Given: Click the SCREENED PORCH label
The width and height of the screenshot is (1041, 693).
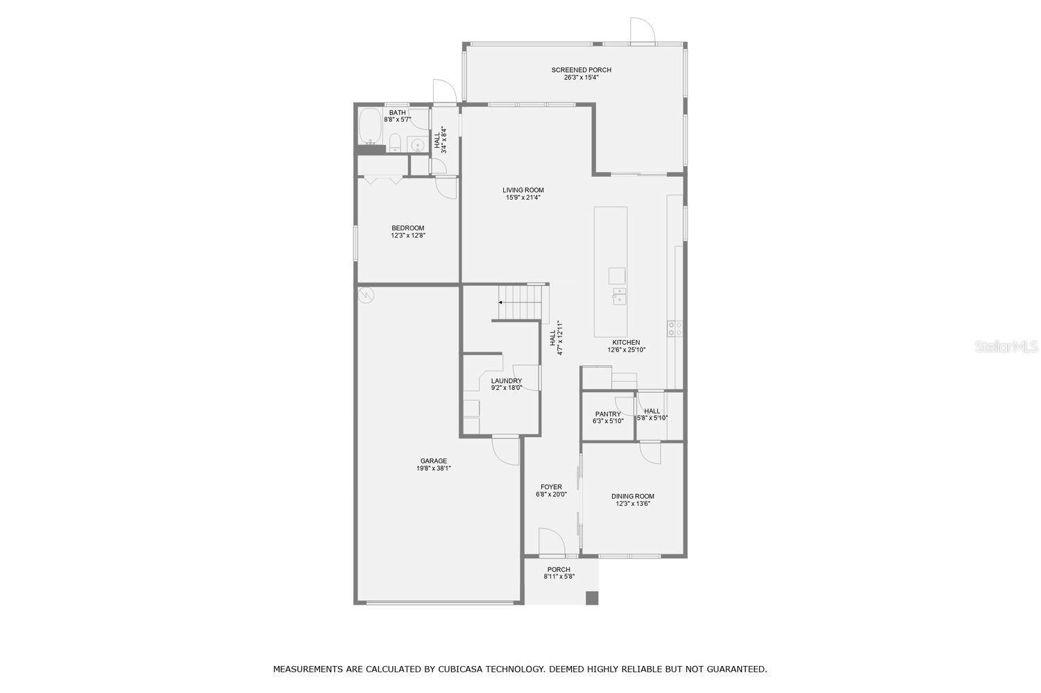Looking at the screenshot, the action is [x=582, y=70].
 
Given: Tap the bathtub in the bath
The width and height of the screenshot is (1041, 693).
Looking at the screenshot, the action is [x=370, y=126].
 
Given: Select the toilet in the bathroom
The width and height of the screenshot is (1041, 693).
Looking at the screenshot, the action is [x=395, y=142].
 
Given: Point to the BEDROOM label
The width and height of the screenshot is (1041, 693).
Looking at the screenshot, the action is [x=408, y=228].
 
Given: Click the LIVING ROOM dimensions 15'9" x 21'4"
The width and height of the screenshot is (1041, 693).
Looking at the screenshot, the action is [x=523, y=198].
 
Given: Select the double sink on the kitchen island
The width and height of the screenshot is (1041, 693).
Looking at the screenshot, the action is [x=618, y=296].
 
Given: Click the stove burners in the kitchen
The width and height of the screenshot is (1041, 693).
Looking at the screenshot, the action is [x=675, y=328].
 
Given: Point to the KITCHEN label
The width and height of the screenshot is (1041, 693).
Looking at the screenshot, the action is [x=626, y=343].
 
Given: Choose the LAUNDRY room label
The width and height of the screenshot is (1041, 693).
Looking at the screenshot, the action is [x=507, y=381].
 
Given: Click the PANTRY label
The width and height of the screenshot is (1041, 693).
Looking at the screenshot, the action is [x=608, y=414].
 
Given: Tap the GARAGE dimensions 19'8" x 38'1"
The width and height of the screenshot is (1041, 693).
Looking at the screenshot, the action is [x=434, y=469].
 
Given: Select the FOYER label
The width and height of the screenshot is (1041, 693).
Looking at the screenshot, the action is [x=551, y=487].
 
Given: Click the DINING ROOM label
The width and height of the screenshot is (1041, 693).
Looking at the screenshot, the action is [x=633, y=497].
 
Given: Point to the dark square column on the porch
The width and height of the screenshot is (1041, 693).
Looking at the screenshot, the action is [x=591, y=598].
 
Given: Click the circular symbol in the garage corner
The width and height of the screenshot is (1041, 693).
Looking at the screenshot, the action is [x=366, y=295].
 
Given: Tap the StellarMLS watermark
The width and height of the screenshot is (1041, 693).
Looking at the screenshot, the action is [x=1006, y=347].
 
